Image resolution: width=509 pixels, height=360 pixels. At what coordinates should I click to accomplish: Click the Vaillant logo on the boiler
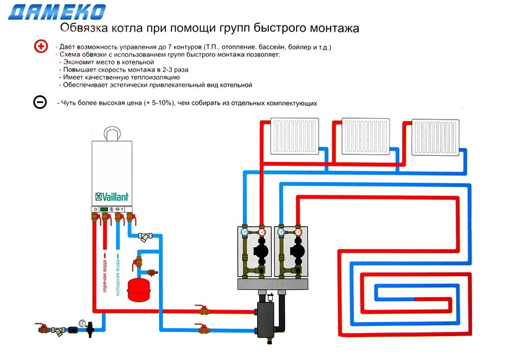(112, 197)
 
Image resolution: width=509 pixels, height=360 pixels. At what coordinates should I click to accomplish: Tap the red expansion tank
(136, 286)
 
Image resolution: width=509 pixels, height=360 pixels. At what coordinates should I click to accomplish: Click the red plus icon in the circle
(40, 47)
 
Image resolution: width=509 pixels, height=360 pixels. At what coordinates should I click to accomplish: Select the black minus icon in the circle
(40, 102)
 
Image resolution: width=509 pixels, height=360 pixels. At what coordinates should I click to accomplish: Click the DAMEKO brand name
(57, 12)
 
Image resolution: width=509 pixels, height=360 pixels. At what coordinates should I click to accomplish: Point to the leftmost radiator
(295, 136)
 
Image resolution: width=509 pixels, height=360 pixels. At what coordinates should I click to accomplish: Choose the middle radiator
(365, 136)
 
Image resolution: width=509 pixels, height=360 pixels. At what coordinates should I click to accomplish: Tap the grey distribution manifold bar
(274, 284)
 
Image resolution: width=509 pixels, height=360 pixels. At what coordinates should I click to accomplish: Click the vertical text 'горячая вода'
(105, 274)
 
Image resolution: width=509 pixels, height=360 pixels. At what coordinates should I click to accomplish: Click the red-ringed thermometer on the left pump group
(262, 232)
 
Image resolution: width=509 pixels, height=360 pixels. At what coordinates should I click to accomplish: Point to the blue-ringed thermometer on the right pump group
(280, 232)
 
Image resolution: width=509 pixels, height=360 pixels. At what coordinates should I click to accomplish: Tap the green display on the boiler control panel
(104, 209)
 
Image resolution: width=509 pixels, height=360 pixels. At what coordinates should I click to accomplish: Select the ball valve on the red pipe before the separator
(202, 309)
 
